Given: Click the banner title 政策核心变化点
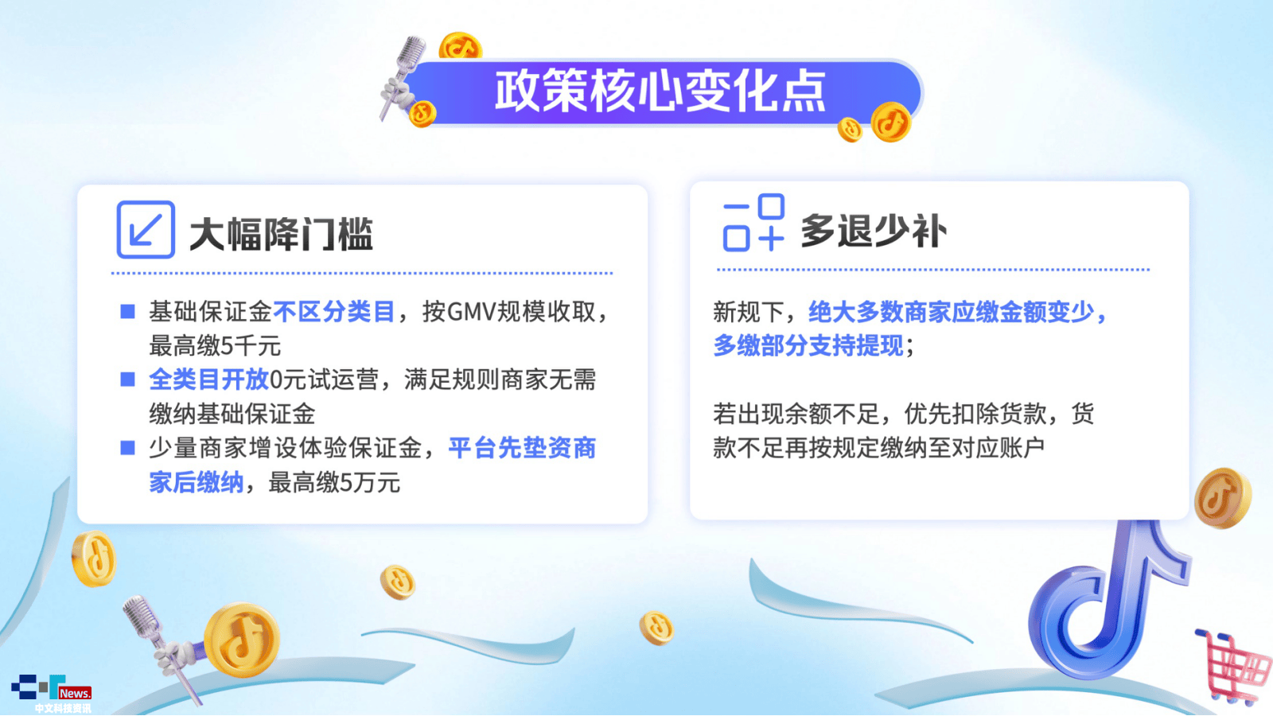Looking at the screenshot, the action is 660,91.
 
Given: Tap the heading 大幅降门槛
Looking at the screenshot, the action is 281,234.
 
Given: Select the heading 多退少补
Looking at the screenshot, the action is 874,231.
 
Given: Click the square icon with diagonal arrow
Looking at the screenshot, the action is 146,230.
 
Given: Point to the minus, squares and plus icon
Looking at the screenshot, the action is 753,222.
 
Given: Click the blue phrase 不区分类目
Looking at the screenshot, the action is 333,311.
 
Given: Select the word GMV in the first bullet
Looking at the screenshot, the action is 471,311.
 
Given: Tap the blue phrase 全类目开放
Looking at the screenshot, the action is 208,379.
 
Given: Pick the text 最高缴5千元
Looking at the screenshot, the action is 215,345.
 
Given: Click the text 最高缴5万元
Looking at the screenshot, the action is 334,483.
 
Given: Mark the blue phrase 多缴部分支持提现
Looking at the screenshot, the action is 808,345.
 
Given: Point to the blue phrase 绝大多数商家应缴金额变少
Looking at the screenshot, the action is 951,311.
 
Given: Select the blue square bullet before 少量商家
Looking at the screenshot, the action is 128,448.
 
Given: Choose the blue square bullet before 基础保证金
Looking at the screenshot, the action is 128,311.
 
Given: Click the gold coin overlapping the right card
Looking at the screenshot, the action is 1222,498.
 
